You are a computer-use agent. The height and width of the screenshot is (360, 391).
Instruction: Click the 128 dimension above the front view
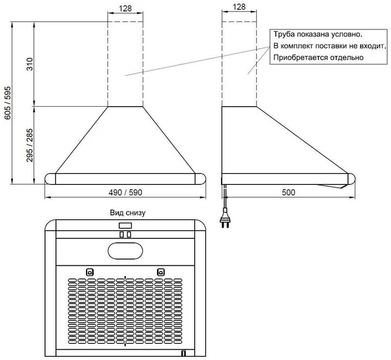coord(126,8)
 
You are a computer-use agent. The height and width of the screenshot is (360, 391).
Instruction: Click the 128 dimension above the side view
coord(239,8)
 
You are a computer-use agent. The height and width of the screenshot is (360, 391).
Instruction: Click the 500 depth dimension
coord(288,193)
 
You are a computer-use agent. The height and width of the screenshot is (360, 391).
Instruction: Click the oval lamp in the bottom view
coord(125,249)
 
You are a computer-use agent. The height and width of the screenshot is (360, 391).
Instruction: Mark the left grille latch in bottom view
coord(89,271)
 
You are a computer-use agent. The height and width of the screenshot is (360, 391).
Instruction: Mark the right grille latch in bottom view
coord(160,271)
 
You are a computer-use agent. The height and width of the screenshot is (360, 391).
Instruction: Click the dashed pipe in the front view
coord(126,65)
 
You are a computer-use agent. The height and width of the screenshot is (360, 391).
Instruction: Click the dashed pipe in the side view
coord(239,65)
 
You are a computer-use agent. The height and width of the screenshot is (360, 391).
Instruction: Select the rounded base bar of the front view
coord(126,179)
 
